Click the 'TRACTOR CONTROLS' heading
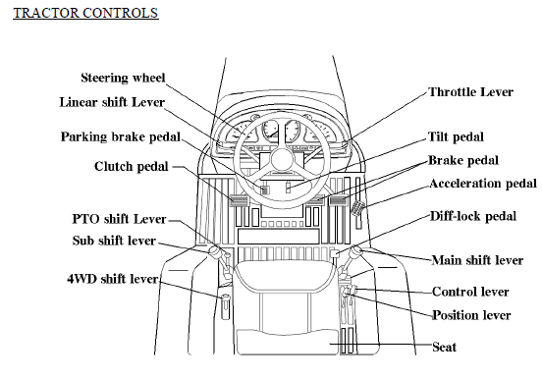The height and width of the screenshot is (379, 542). (85, 13)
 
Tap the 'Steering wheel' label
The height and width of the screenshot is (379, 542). (123, 78)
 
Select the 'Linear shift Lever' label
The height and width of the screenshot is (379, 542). (112, 102)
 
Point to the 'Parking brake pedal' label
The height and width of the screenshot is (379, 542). (121, 136)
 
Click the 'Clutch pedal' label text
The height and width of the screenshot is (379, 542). (132, 167)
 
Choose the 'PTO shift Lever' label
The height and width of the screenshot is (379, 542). (119, 219)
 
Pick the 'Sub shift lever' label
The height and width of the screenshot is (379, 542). (114, 241)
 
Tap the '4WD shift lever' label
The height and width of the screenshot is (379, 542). (113, 279)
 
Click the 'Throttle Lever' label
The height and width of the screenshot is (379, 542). (470, 92)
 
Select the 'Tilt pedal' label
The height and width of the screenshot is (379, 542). (456, 136)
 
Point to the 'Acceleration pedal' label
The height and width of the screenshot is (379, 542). (483, 184)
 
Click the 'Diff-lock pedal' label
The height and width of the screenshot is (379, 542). (473, 216)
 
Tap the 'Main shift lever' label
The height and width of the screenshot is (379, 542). (477, 260)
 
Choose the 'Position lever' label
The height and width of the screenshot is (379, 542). (471, 315)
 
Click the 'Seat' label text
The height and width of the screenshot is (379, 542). (444, 347)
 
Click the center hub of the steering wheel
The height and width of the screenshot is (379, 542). (283, 160)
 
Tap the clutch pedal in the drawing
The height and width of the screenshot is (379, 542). (239, 200)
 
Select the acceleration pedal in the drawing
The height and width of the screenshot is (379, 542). (358, 208)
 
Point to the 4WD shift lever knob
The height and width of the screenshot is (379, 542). (225, 298)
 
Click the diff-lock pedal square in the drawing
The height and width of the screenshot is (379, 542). (335, 254)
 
